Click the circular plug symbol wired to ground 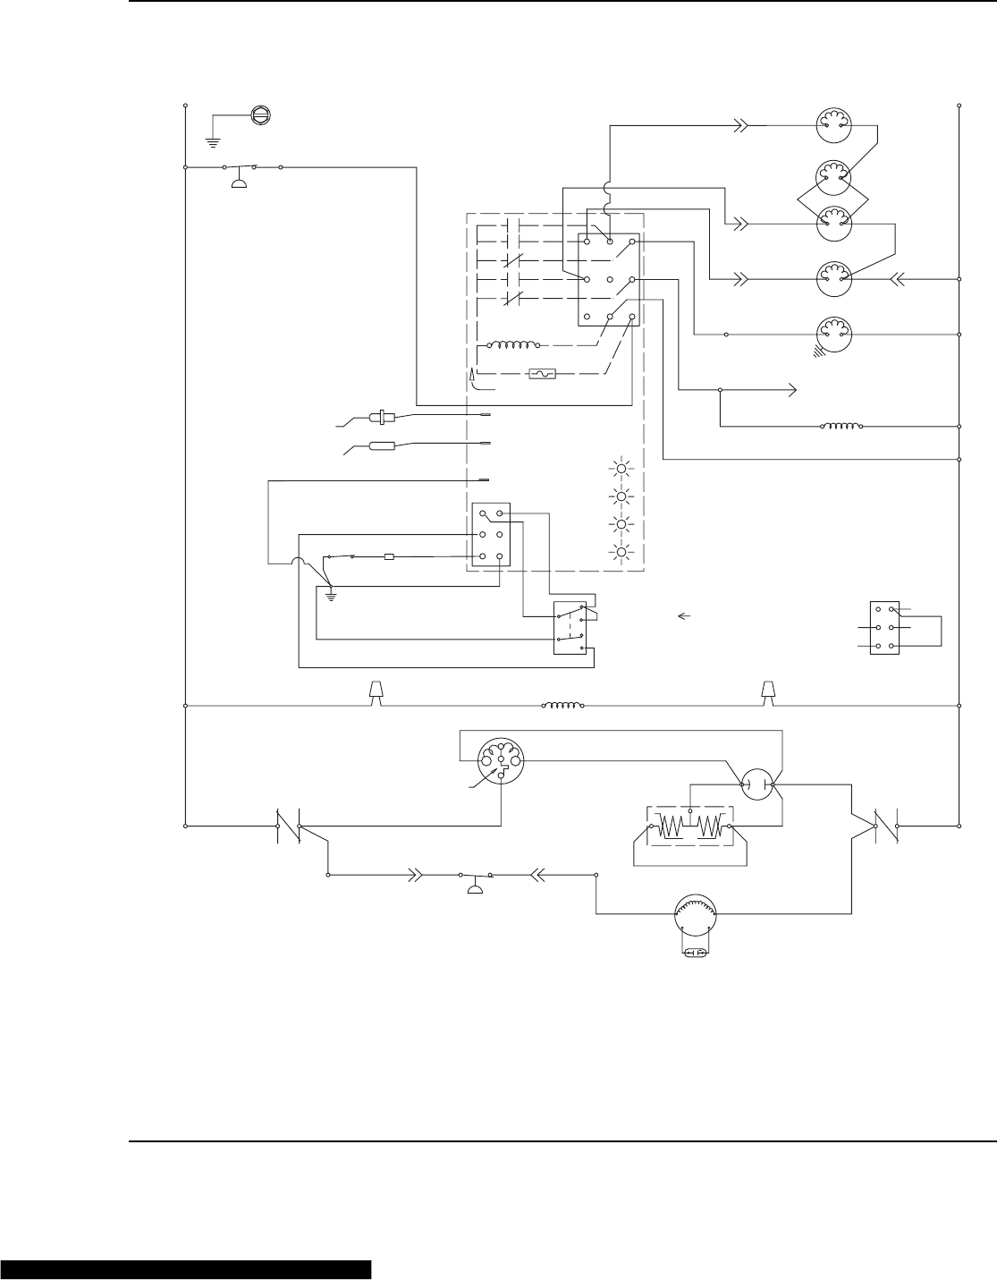pos(260,114)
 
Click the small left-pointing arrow pos(685,615)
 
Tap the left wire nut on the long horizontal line pos(377,691)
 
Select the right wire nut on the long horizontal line pos(767,691)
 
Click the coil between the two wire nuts pos(563,705)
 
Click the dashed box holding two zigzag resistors pos(689,828)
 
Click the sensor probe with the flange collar pos(382,416)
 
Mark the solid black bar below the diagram pos(186,1270)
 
